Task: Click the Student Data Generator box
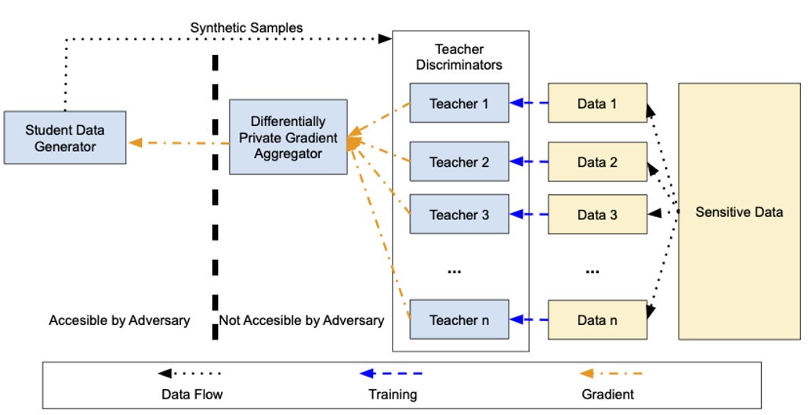[64, 137]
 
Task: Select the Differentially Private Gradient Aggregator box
[288, 137]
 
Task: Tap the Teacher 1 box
[459, 103]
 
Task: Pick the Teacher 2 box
[459, 162]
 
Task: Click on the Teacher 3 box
[459, 215]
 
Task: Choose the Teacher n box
[459, 319]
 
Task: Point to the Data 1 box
[597, 103]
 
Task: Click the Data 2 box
[597, 162]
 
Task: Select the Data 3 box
[597, 215]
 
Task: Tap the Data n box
[597, 319]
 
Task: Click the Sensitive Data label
[739, 211]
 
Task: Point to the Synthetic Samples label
[246, 28]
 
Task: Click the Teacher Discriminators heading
[459, 57]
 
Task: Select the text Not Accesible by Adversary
[302, 319]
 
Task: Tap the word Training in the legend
[393, 394]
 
